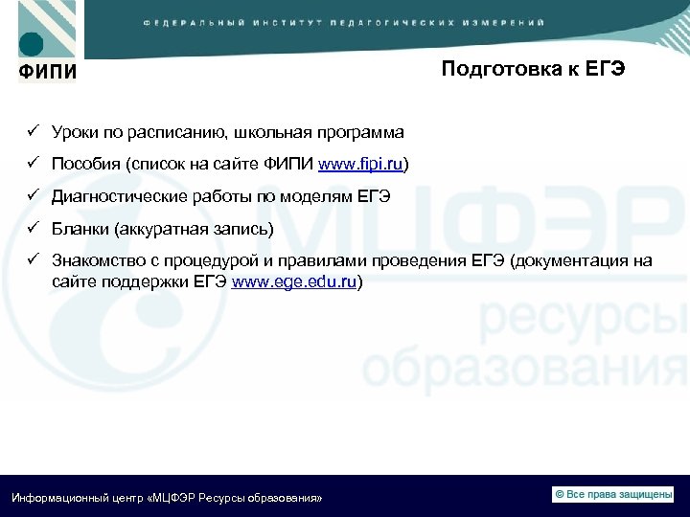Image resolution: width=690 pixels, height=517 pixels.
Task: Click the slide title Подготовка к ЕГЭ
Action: (x=533, y=70)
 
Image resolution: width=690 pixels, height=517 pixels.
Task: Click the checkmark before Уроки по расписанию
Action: (x=32, y=131)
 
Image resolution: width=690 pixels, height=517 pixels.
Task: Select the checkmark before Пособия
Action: (x=32, y=165)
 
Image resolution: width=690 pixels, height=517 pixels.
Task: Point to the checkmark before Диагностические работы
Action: (x=32, y=196)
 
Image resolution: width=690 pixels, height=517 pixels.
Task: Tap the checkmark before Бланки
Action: (x=32, y=228)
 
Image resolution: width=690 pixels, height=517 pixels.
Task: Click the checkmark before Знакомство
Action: (x=32, y=259)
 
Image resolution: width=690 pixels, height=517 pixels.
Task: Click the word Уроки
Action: (x=75, y=132)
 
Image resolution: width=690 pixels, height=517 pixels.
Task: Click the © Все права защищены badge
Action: (x=612, y=494)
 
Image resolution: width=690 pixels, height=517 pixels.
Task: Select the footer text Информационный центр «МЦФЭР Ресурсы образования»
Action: (x=166, y=499)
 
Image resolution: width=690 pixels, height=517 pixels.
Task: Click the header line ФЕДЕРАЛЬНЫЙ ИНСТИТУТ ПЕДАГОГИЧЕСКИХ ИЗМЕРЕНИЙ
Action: (x=345, y=21)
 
